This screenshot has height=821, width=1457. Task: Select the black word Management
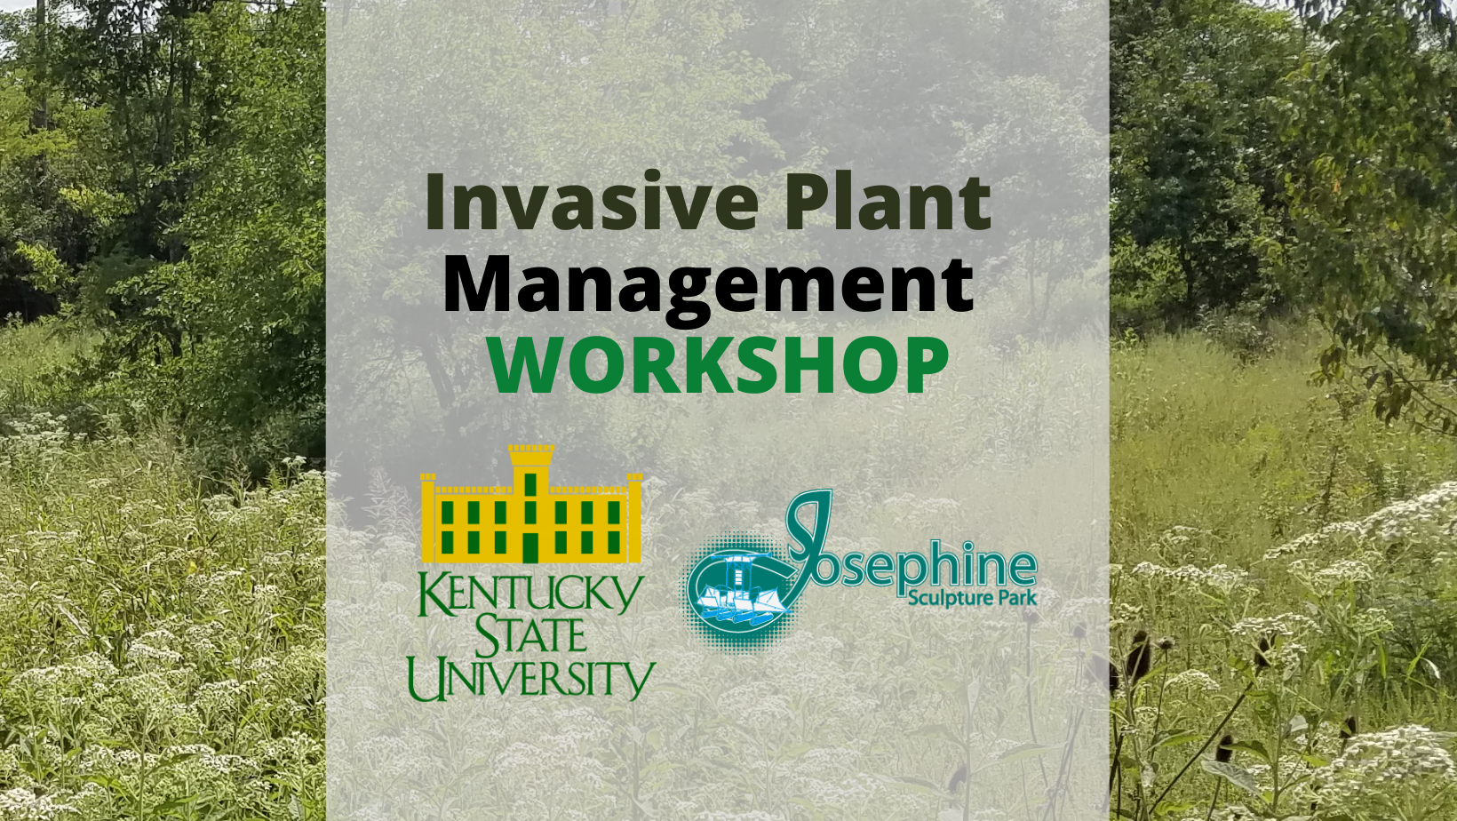click(x=708, y=284)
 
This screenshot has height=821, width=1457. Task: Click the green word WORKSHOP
click(x=718, y=364)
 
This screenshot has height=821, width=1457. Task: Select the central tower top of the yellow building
click(x=531, y=456)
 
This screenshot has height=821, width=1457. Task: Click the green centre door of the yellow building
click(x=531, y=547)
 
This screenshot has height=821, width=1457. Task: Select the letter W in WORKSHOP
click(x=526, y=365)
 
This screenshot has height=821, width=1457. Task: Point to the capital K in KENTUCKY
click(x=431, y=592)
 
